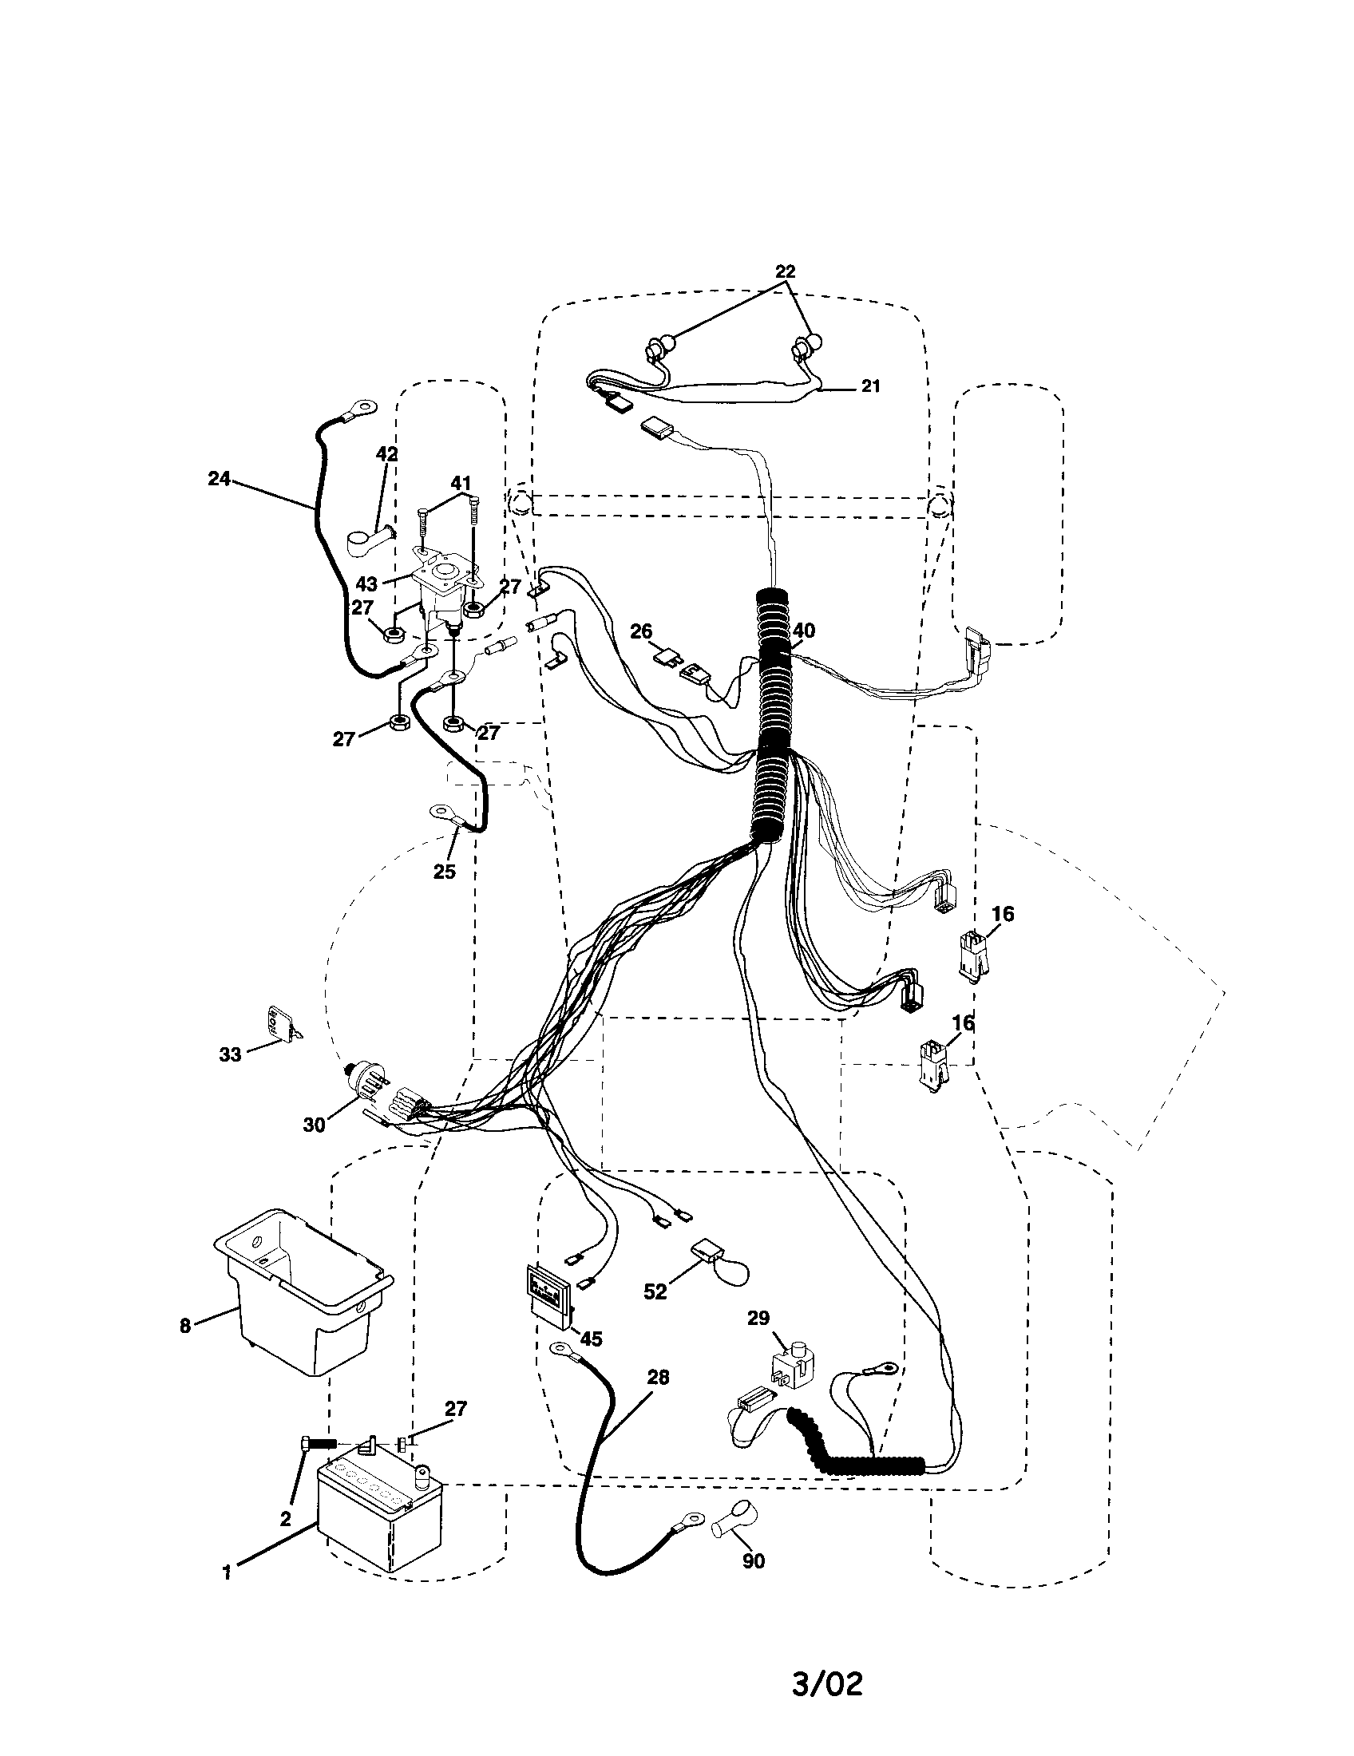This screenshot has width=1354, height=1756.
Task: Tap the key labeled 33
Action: [278, 1023]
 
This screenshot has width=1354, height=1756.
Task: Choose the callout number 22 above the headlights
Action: [786, 272]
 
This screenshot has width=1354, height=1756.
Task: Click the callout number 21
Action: [871, 387]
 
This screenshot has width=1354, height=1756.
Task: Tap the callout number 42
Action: [386, 453]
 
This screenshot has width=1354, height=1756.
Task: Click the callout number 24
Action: [219, 479]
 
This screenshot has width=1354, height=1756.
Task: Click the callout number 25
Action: [445, 871]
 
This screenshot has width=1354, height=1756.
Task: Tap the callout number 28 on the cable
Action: [658, 1378]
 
